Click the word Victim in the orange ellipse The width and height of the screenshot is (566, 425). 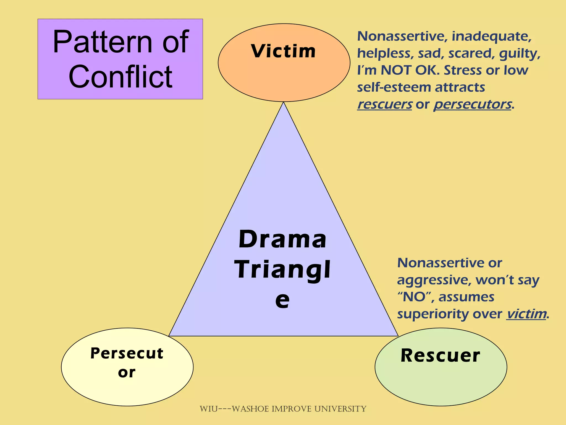point(283,51)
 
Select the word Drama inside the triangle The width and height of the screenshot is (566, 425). point(282,239)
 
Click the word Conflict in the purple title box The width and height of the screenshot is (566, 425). point(120,77)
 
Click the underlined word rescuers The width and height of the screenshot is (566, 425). point(384,104)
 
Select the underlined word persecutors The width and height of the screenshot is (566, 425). point(473,104)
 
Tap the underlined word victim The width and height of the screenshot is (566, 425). point(526,314)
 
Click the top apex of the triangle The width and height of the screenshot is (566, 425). point(283,103)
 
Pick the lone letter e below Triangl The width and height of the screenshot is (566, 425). point(282,300)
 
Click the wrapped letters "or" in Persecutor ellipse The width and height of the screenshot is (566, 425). point(127,372)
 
